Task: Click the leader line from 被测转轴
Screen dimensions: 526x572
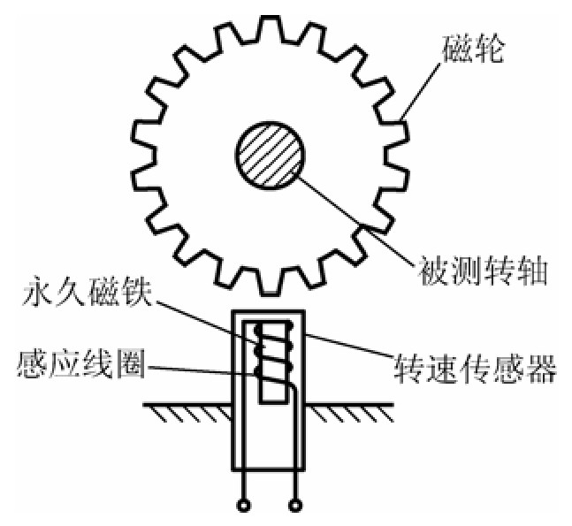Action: pos(354,211)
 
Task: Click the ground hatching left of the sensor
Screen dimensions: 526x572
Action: pos(186,412)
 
